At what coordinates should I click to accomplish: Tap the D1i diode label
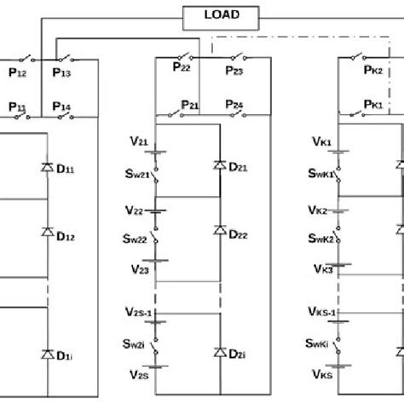click(66, 354)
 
